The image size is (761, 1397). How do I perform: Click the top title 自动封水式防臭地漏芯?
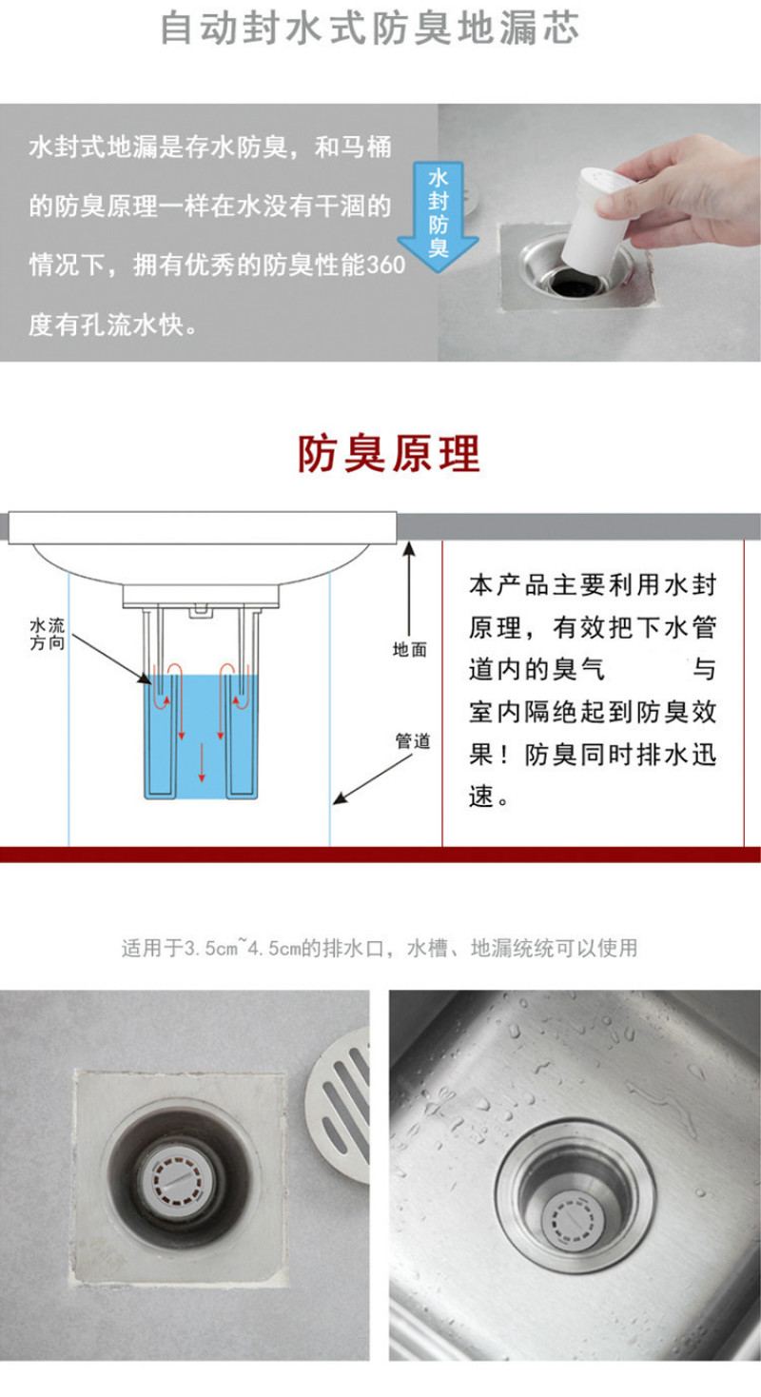(370, 28)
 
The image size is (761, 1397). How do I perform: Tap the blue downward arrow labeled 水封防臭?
(439, 216)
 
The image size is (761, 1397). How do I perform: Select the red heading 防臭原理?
(388, 453)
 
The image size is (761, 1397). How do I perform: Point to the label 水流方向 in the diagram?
(48, 634)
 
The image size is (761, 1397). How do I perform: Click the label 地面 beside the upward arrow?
(409, 650)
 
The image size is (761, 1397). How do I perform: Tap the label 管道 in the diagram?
(413, 741)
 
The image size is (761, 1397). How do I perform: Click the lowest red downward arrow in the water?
(202, 762)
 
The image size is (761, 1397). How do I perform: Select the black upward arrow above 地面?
(409, 589)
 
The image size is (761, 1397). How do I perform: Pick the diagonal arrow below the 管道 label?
(372, 779)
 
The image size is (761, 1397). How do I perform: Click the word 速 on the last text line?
(481, 796)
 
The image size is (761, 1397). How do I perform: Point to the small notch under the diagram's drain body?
(199, 610)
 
